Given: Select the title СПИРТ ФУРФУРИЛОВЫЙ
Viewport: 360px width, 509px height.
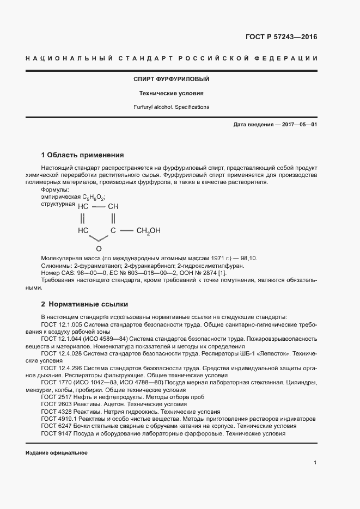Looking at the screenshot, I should pos(172,79).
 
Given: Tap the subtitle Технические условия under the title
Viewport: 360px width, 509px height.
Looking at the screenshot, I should pos(172,93).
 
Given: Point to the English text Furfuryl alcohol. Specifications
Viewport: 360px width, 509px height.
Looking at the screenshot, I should pos(172,107).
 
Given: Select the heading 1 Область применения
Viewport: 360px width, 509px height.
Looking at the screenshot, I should pos(83,155).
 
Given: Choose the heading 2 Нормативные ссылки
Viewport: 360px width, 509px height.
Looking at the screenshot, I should pos(85,304).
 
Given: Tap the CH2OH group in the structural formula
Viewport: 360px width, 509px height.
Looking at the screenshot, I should pos(148,231).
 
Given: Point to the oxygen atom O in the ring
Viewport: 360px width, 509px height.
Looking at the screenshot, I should pos(99,248).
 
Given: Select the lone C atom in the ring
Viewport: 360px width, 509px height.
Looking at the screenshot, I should pos(113,231).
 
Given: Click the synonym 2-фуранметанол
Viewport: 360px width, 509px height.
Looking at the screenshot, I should pos(93,266).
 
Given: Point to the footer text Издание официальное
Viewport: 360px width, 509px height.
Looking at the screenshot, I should pos(57,453).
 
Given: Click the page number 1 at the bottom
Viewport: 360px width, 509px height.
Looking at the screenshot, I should pos(315,463).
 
